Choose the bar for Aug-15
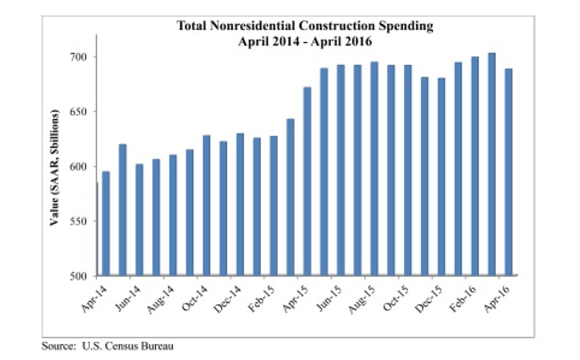(374, 169)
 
